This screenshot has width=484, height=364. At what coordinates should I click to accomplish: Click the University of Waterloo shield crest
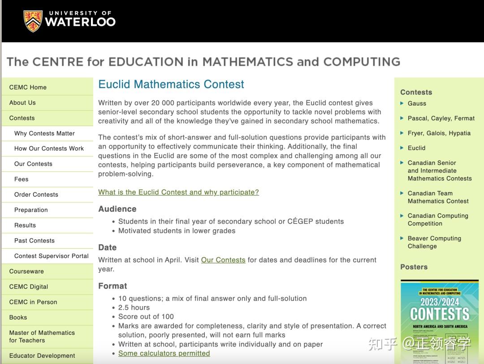click(x=33, y=21)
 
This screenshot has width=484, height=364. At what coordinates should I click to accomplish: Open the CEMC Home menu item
click(x=28, y=87)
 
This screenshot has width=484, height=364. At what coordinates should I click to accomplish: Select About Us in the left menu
click(x=22, y=102)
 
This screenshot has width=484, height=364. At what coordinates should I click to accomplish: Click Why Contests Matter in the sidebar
click(x=44, y=133)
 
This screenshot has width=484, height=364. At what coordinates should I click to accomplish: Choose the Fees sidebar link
click(x=21, y=179)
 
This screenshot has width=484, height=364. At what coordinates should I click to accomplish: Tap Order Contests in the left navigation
click(x=36, y=194)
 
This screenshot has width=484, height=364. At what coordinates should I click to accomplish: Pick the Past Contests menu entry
click(x=35, y=241)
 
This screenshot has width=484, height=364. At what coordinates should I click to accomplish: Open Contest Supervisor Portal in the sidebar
click(x=52, y=256)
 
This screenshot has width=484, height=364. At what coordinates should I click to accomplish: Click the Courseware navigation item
click(x=26, y=271)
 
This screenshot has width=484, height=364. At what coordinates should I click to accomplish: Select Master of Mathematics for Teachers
click(x=42, y=336)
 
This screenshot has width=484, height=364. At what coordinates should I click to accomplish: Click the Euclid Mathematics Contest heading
click(x=171, y=84)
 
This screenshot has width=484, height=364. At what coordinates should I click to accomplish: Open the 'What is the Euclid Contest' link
click(x=178, y=192)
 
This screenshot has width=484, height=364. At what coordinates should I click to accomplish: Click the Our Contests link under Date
click(x=223, y=260)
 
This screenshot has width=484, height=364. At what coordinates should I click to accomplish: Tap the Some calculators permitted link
click(x=164, y=353)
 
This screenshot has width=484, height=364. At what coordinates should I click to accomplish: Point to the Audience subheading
click(x=117, y=209)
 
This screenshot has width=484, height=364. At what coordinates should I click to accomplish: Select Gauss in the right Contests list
click(x=417, y=103)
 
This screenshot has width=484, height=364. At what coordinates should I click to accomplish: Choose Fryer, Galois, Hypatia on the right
click(x=439, y=133)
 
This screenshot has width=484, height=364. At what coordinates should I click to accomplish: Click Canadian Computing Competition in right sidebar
click(x=437, y=219)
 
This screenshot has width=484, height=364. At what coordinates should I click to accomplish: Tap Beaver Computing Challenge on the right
click(x=434, y=242)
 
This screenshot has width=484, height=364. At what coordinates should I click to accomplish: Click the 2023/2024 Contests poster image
click(x=439, y=321)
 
